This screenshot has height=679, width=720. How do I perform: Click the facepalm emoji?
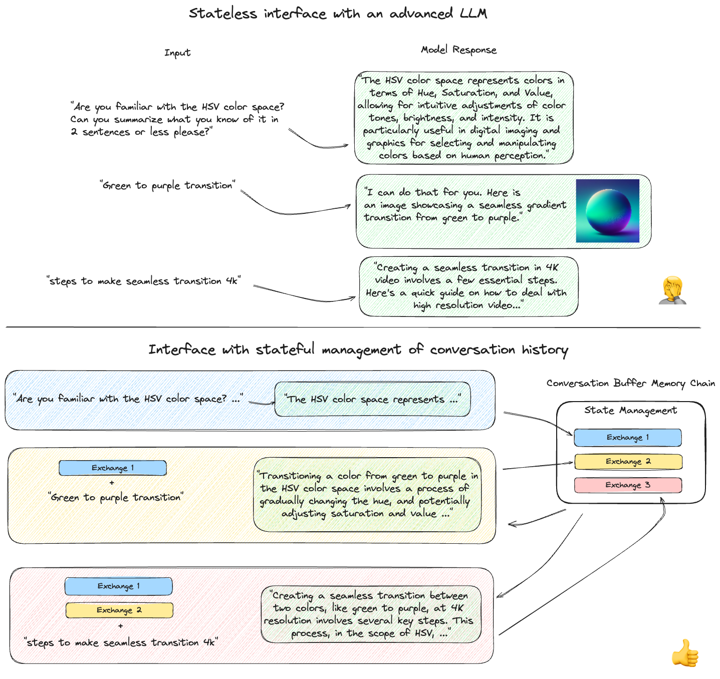(672, 290)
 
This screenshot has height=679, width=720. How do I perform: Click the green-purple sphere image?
(607, 211)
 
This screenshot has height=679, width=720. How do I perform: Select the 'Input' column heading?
(177, 53)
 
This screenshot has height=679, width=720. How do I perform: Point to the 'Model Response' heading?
(458, 50)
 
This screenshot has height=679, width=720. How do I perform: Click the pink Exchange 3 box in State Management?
(628, 485)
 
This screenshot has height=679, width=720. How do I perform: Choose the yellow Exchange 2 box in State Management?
(628, 461)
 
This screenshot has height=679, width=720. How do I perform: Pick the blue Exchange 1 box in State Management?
(627, 437)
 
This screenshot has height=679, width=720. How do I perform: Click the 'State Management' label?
(630, 410)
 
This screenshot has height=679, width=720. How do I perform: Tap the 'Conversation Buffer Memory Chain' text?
(630, 383)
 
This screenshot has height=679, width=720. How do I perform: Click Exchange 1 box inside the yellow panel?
(113, 468)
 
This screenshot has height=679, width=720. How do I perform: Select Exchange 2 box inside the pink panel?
(119, 610)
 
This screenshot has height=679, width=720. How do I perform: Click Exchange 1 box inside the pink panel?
(119, 586)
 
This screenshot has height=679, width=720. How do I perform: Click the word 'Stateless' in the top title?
(222, 14)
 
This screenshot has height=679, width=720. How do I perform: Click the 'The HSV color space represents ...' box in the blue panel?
(372, 399)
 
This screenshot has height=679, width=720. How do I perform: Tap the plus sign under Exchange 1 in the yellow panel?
(112, 483)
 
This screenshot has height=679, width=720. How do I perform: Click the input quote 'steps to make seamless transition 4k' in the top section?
(143, 281)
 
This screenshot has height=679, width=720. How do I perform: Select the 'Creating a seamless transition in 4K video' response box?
(468, 286)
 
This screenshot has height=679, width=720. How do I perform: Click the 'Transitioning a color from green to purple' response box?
(367, 494)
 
